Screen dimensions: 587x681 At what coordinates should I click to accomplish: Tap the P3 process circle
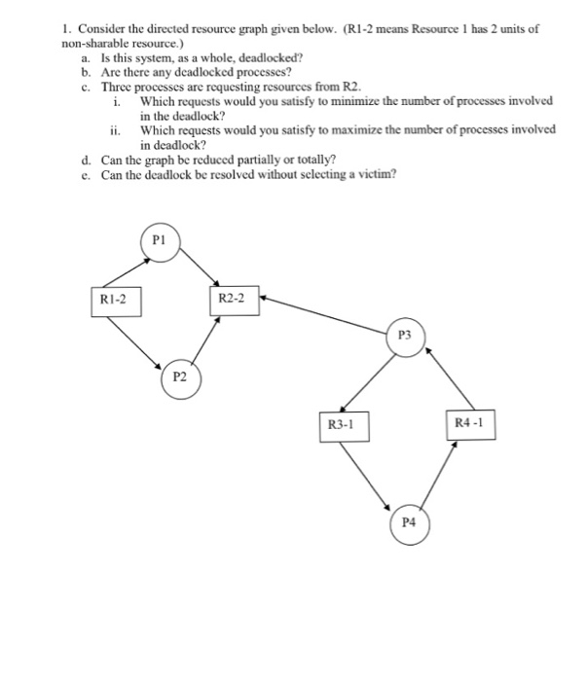point(406,335)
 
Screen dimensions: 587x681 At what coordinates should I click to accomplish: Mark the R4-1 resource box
point(475,423)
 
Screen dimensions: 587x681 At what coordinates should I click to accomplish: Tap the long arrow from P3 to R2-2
point(326,310)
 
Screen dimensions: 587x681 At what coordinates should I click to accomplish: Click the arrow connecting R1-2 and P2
point(136,337)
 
